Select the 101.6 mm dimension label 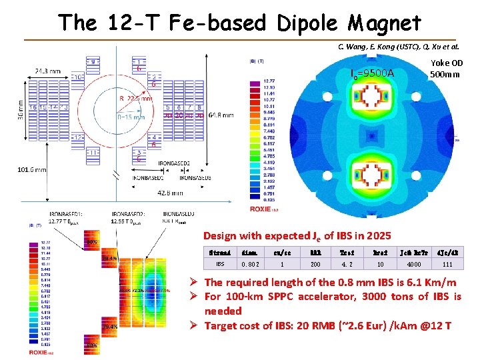coord(32,170)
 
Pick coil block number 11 coord(95,152)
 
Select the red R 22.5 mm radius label coord(137,98)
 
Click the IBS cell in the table coord(220,264)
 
